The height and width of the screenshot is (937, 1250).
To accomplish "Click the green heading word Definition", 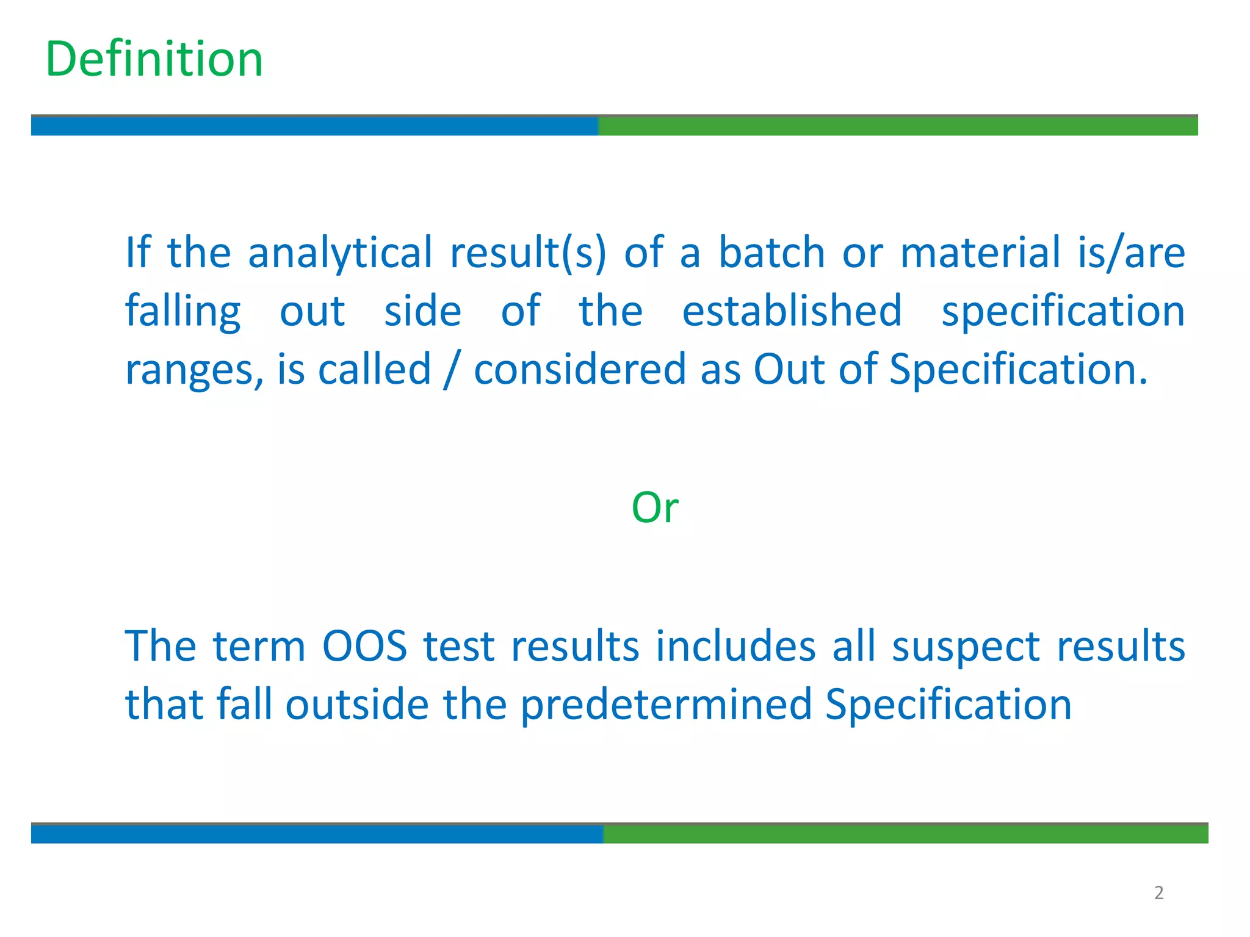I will tap(154, 59).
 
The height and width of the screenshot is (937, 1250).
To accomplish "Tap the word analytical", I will tap(340, 253).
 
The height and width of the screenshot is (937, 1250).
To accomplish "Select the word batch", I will tap(771, 253).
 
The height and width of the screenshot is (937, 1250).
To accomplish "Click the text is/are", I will tap(1131, 253).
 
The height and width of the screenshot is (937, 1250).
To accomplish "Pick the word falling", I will tap(183, 312).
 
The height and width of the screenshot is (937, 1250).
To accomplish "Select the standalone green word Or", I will tap(654, 507).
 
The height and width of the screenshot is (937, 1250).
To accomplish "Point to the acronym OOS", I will tap(364, 646).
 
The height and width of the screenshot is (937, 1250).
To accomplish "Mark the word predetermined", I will tap(666, 705).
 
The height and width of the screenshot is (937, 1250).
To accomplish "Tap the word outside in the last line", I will tap(357, 705).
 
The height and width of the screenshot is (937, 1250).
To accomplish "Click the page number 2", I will tap(1158, 893).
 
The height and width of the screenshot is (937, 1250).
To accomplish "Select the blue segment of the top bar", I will tap(314, 126).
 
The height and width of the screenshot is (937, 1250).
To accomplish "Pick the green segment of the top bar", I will tap(897, 126).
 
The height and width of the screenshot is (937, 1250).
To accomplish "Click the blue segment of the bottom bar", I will tap(317, 834).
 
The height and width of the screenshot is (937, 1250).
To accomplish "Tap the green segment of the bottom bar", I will tap(905, 834).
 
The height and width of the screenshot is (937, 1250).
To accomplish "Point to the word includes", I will tap(735, 646).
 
